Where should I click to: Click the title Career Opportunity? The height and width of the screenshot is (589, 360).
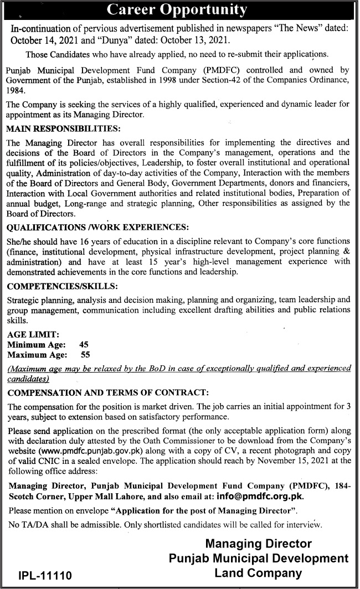pyautogui.click(x=177, y=10)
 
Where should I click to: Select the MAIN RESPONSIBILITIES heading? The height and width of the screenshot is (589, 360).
pyautogui.click(x=63, y=128)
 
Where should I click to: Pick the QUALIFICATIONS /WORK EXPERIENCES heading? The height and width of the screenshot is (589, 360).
pyautogui.click(x=98, y=228)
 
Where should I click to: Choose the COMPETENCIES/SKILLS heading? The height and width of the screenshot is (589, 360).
pyautogui.click(x=62, y=286)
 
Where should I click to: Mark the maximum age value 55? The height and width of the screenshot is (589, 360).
pyautogui.click(x=85, y=355)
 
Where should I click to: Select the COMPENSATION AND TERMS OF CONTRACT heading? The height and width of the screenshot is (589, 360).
pyautogui.click(x=107, y=392)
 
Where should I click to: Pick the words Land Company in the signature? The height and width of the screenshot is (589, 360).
pyautogui.click(x=258, y=573)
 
